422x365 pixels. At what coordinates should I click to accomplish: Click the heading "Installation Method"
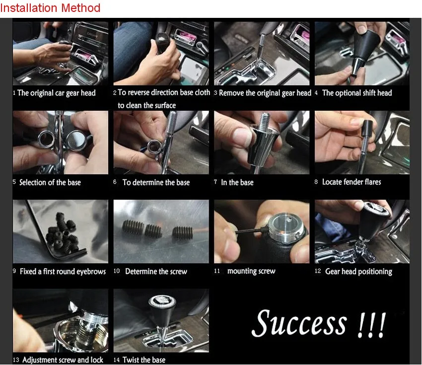click(50, 8)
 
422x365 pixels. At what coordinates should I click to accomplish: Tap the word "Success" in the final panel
click(299, 323)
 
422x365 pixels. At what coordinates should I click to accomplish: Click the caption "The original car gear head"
click(57, 93)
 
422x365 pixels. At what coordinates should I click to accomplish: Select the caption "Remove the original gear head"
click(265, 93)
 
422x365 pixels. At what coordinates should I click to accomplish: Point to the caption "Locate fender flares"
click(352, 182)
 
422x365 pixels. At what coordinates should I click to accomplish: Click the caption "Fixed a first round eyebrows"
click(63, 271)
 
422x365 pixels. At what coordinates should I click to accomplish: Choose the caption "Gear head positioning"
click(358, 272)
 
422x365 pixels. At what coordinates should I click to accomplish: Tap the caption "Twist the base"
click(144, 360)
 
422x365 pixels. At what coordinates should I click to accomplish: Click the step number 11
click(217, 271)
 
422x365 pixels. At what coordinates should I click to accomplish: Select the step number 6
click(115, 182)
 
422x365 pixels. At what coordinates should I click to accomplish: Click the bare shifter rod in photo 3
click(260, 51)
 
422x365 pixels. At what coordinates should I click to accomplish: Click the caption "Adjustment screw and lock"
click(63, 360)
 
